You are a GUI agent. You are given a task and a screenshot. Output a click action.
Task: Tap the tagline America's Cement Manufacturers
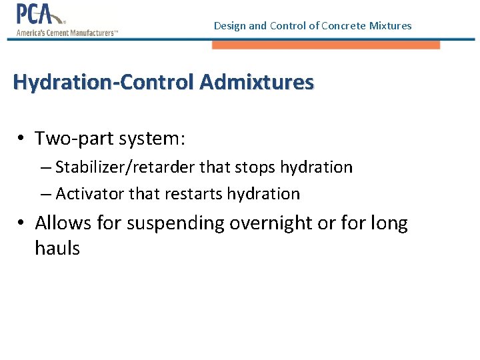pyautogui.click(x=67, y=32)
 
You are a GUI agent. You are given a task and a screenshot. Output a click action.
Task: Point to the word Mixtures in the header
pyautogui.click(x=390, y=26)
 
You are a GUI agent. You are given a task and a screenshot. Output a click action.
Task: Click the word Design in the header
pyautogui.click(x=229, y=26)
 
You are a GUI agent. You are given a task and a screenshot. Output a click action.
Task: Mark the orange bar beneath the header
pyautogui.click(x=326, y=45)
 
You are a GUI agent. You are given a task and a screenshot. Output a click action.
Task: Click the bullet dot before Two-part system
pyautogui.click(x=22, y=139)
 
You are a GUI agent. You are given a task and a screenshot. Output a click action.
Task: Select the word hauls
pyautogui.click(x=57, y=249)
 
